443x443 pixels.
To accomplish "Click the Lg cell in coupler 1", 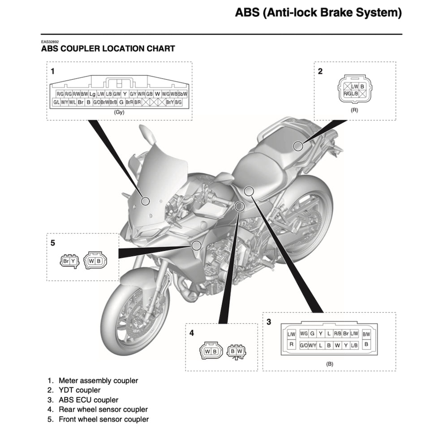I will click(x=92, y=94).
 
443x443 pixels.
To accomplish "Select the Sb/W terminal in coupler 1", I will click(x=182, y=94).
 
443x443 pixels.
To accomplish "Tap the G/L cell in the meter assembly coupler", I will click(x=56, y=103).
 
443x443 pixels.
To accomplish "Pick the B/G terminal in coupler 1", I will click(x=178, y=103).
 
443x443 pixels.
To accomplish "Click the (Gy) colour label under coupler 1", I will click(x=119, y=112).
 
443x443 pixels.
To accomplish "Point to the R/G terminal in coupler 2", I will click(x=347, y=94).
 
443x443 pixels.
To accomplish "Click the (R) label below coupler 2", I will click(x=354, y=110).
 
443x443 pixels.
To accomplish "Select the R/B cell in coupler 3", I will click(x=337, y=334).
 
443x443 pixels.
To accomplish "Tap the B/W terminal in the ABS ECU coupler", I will click(x=366, y=334).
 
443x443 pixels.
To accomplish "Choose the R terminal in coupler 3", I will click(x=291, y=345).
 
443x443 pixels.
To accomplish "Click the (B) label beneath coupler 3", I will click(x=329, y=364).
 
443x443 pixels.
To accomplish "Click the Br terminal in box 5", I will click(x=66, y=261).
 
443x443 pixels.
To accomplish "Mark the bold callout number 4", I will click(x=191, y=333).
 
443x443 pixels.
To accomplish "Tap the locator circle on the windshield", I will click(x=145, y=201).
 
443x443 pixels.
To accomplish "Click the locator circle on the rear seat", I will click(x=297, y=146).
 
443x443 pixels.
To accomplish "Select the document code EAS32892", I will click(x=50, y=41).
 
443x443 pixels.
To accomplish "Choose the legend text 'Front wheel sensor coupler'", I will click(x=103, y=419).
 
